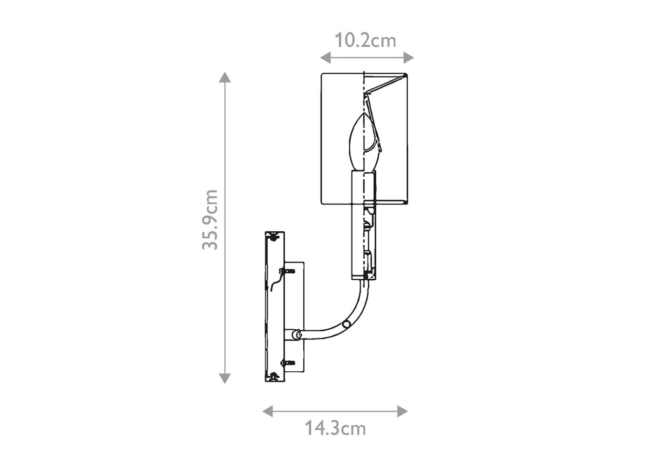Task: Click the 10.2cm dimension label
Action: pyautogui.click(x=365, y=41)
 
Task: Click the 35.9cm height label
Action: pyautogui.click(x=210, y=220)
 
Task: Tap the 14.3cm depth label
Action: pyautogui.click(x=335, y=429)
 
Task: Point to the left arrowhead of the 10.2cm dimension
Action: pyautogui.click(x=325, y=57)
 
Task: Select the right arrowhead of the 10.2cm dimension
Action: pyautogui.click(x=409, y=57)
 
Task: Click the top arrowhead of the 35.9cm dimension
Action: pyautogui.click(x=225, y=77)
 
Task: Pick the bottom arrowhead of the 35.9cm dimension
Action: pyautogui.click(x=225, y=379)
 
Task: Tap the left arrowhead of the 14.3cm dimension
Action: pyautogui.click(x=267, y=411)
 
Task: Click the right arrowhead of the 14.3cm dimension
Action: pyautogui.click(x=402, y=411)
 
